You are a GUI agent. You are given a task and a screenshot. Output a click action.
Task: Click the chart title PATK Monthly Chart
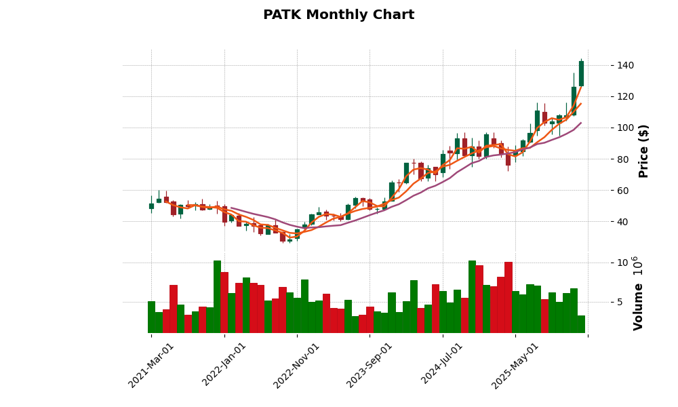(x=338, y=15)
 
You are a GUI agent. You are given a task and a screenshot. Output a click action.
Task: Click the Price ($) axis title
(x=644, y=151)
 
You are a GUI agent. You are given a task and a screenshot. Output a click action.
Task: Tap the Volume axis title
(x=638, y=294)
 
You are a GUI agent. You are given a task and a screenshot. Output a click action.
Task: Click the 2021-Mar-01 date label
(x=151, y=365)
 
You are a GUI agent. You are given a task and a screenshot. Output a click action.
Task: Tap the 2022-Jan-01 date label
(x=224, y=365)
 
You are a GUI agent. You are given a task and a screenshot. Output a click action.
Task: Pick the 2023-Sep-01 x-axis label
(x=369, y=365)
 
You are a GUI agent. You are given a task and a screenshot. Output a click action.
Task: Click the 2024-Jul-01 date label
(x=442, y=365)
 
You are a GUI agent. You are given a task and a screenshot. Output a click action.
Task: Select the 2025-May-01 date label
(x=515, y=365)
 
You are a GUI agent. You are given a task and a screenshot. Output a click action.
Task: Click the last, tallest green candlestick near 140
(x=581, y=73)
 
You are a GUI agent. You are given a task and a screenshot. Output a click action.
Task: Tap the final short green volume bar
(x=581, y=324)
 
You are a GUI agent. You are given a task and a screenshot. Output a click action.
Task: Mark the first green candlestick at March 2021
(x=151, y=206)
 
